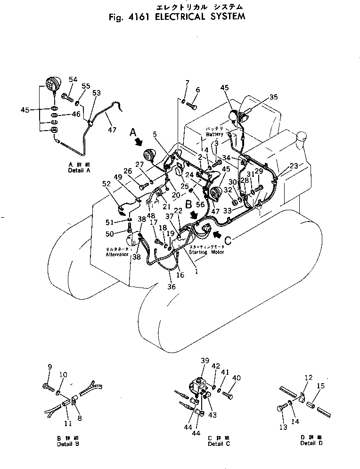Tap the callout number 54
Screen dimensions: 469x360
pos(73,79)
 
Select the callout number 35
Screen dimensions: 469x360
pos(273,98)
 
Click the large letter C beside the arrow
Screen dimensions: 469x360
pos(227,241)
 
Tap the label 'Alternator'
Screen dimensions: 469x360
pos(117,255)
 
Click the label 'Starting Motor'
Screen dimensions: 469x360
pos(206,252)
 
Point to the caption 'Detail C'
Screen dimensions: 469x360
pos(215,444)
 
